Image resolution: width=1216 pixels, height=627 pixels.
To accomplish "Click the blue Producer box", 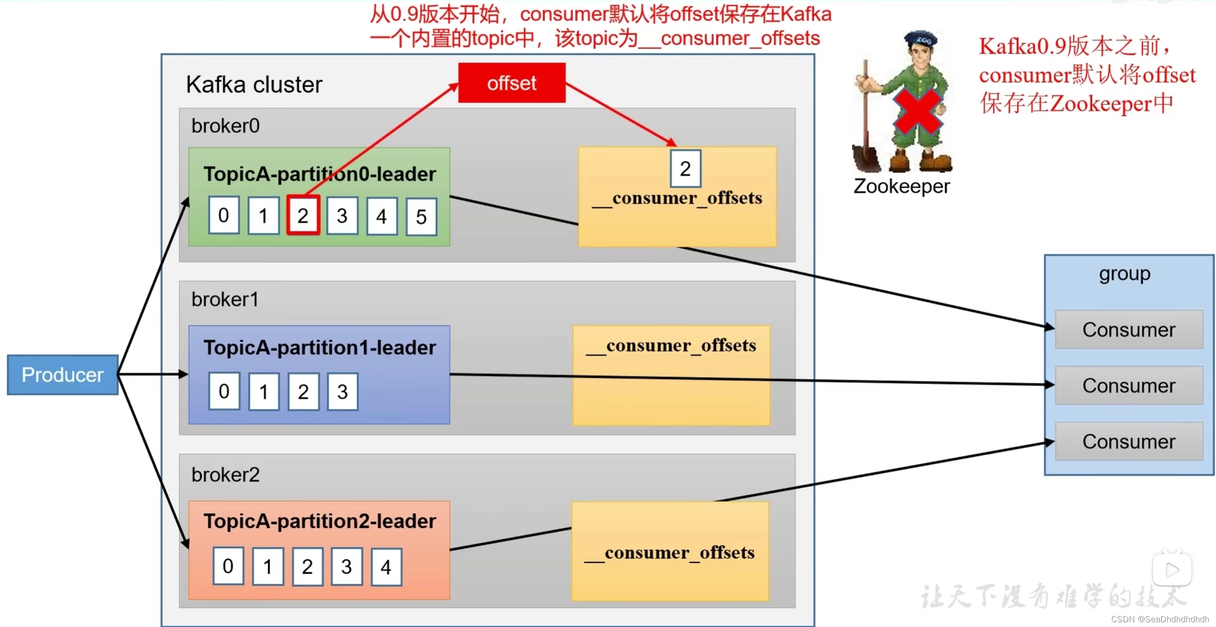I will click(x=62, y=374).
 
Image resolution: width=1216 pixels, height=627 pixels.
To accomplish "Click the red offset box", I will click(x=511, y=83).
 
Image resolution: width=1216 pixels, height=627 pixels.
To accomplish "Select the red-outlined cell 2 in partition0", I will click(x=303, y=215).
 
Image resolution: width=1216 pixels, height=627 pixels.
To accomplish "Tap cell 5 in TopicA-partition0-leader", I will click(x=421, y=217).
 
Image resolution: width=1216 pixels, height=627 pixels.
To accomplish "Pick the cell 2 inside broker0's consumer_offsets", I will click(x=685, y=169).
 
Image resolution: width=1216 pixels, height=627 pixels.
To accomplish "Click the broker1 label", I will click(x=225, y=300).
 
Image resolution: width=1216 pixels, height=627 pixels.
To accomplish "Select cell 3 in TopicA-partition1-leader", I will click(x=342, y=392).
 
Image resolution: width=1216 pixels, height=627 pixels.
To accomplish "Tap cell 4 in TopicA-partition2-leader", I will click(x=386, y=567).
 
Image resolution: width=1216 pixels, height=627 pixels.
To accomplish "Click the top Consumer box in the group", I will click(x=1128, y=330).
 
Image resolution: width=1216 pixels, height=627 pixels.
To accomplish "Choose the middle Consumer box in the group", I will click(x=1128, y=385).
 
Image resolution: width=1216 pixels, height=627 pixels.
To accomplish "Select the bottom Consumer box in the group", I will click(x=1128, y=441).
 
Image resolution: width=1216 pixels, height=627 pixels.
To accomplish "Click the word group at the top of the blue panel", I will click(x=1124, y=274).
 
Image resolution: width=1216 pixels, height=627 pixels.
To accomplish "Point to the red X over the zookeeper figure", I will click(x=917, y=112).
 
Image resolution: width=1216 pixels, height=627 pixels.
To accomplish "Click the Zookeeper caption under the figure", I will click(x=901, y=186).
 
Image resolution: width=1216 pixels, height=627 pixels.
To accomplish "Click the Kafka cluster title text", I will click(x=254, y=85).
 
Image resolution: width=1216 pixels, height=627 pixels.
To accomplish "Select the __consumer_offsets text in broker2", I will click(x=669, y=553).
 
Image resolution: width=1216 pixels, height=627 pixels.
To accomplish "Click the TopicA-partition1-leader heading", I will click(x=319, y=347).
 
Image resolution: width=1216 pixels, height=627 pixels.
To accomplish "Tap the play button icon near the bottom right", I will click(x=1172, y=569).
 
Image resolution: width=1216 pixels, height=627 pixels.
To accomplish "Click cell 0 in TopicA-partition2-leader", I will click(x=228, y=566).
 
